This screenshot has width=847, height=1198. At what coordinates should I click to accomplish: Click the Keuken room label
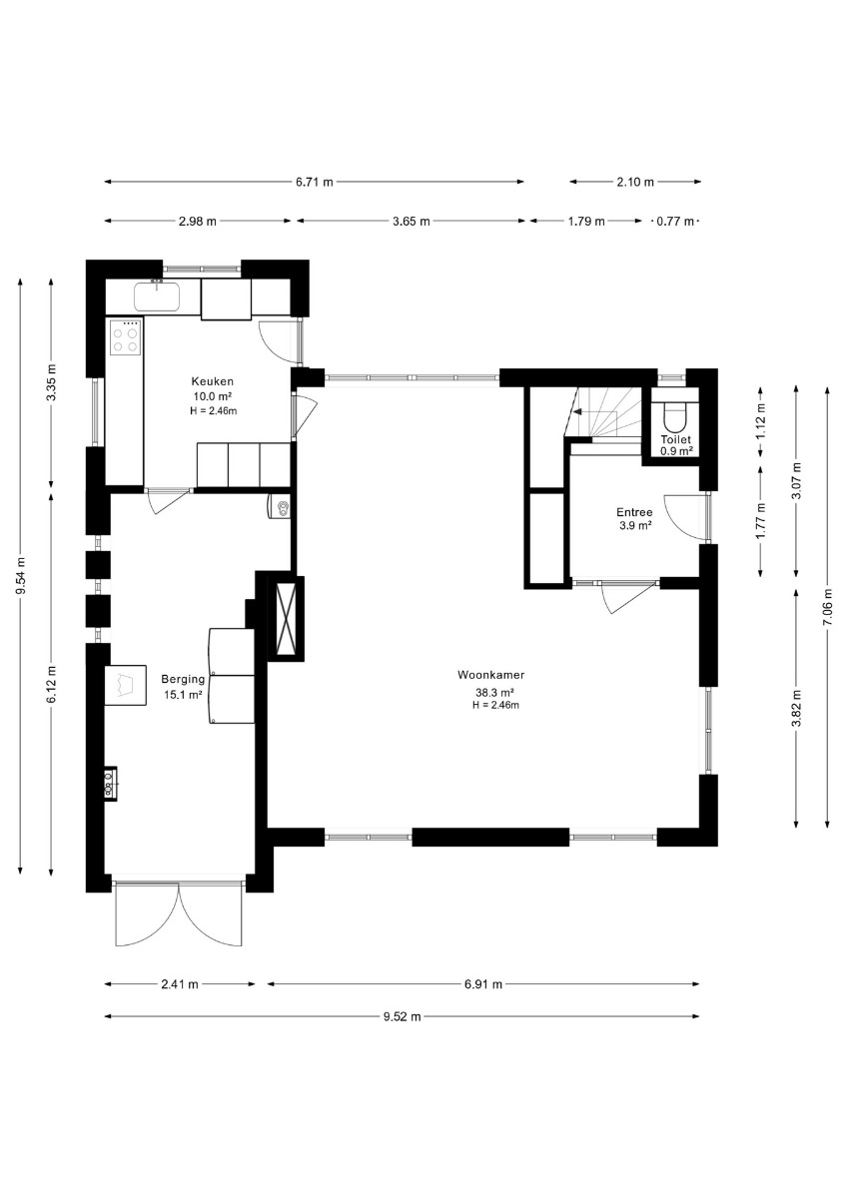213,381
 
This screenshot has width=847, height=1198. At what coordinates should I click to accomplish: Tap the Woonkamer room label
490,675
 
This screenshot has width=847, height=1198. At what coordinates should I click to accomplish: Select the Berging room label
183,679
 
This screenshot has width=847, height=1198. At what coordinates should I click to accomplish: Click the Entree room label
634,512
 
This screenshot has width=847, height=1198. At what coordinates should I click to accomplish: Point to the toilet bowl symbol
675,417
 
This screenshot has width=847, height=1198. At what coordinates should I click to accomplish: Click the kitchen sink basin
156,297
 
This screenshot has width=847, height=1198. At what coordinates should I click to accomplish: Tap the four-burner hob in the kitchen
125,337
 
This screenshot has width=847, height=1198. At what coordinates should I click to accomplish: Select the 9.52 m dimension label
402,1016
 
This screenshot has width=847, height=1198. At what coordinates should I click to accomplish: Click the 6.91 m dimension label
483,984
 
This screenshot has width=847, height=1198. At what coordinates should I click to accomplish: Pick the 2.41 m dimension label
179,984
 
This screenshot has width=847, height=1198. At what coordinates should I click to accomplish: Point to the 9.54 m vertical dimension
20,575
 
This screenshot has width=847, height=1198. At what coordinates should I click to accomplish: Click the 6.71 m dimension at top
314,182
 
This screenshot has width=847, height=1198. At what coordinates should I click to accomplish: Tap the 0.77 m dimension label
675,222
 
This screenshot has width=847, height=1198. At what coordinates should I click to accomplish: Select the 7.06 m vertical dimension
828,607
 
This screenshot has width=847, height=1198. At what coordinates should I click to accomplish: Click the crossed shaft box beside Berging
286,618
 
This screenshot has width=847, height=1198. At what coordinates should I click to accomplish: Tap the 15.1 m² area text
183,695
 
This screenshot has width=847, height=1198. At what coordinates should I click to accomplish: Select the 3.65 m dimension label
411,222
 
